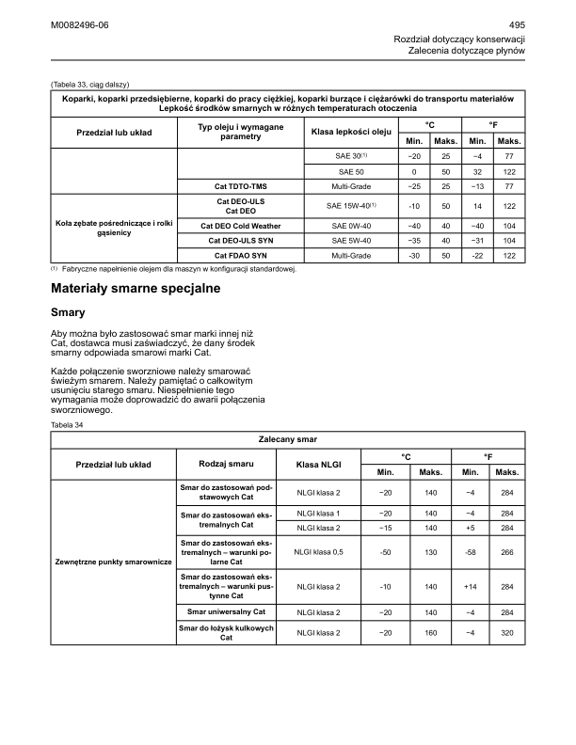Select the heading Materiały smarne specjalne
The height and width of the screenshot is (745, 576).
tap(136, 290)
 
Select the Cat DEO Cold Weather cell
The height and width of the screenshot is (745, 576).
tap(247, 226)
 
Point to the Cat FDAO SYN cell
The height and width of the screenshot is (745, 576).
tap(247, 256)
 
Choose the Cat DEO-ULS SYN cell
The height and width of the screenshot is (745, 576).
tap(247, 241)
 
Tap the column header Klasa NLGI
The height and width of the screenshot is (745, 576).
tap(318, 465)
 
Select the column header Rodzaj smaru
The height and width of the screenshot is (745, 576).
tap(227, 464)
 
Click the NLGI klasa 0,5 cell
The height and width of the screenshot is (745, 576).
tap(318, 553)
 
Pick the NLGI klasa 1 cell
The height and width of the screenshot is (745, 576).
tap(318, 513)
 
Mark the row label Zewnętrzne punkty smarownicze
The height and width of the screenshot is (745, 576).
tap(113, 562)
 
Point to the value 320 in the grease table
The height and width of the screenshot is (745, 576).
tap(507, 633)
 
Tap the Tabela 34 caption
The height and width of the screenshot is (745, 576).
tap(68, 424)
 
